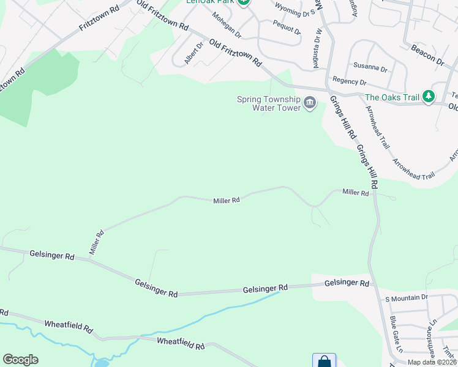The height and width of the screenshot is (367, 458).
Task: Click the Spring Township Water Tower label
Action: [269, 103]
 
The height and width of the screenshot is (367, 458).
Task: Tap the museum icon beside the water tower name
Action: [310, 102]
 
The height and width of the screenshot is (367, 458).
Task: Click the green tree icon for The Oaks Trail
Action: [429, 97]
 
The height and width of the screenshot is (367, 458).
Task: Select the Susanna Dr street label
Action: [370, 67]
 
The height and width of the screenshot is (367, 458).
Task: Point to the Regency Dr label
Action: [349, 81]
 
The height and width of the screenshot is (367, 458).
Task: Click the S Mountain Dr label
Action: [405, 298]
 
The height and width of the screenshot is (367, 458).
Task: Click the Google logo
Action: [20, 360]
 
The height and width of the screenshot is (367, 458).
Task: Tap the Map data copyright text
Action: [432, 362]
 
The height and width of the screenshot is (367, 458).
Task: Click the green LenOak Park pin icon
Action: [244, 2]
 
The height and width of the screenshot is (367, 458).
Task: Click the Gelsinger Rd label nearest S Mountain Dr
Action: [347, 283]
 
